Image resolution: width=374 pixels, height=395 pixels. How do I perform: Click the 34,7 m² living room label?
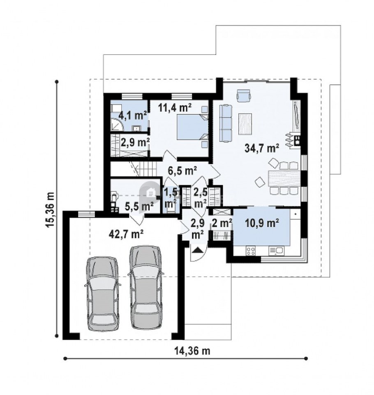[x=262, y=148]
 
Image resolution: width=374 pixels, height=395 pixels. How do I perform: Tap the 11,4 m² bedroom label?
[x=175, y=107]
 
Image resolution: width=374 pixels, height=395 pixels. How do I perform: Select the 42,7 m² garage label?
[x=126, y=234]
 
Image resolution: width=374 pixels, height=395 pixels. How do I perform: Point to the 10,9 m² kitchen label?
[x=262, y=223]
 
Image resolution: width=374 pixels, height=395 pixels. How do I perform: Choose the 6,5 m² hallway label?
[x=182, y=171]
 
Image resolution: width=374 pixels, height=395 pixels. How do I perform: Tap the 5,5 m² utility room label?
[x=139, y=207]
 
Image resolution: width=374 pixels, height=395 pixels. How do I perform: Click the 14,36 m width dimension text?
[x=192, y=351]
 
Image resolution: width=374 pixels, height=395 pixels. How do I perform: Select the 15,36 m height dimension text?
[x=50, y=210]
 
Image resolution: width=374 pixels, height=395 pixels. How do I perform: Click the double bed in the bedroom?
[x=192, y=127]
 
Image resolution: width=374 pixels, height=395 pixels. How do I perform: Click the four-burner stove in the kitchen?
[x=251, y=251]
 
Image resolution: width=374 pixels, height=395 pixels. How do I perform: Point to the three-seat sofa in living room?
[x=226, y=123]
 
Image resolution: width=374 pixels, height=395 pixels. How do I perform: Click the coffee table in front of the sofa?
[x=245, y=124]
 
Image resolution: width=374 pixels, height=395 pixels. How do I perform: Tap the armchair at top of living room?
[x=244, y=95]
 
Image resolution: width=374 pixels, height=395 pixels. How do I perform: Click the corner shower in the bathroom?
[x=117, y=124]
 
